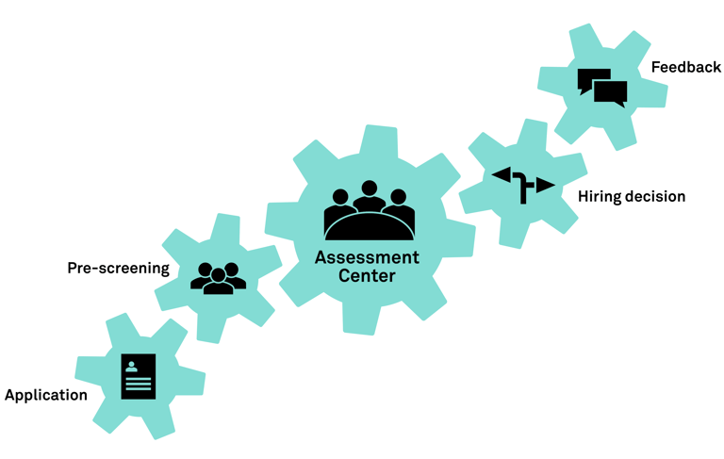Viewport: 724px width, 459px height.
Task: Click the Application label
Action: (x=46, y=395)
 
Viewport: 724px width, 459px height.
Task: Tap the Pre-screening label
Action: (x=118, y=268)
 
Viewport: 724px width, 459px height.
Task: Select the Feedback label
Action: (x=685, y=67)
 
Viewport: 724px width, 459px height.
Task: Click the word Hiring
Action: (x=601, y=196)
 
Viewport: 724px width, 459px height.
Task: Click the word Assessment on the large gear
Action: (x=367, y=257)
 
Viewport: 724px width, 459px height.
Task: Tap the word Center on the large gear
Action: (x=367, y=276)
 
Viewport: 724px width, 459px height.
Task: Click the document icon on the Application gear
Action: (x=139, y=377)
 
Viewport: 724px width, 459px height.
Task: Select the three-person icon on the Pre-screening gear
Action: (x=218, y=276)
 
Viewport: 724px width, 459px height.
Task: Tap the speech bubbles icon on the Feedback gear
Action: (x=601, y=88)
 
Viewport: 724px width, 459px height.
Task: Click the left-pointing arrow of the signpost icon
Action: (x=502, y=175)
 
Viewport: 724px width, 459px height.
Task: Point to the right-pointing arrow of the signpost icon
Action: (x=545, y=186)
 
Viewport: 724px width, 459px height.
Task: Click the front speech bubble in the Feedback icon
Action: (x=611, y=92)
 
